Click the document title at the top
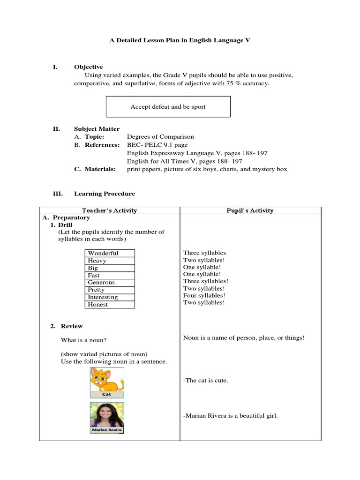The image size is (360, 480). coord(180,41)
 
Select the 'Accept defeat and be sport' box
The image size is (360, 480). coord(168,107)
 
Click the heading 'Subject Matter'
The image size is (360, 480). coord(97,129)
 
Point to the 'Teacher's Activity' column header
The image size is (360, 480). coord(109,210)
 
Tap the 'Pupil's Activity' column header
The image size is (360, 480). coord(250,210)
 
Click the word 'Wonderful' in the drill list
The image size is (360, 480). coord(103,253)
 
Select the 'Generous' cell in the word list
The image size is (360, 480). coord(101,283)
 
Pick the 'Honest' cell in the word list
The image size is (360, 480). coord(98,305)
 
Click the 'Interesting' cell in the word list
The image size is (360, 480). coord(103,297)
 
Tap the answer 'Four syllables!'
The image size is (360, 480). coord(204,295)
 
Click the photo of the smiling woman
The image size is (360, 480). coord(107,414)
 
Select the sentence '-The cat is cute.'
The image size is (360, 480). coord(205,380)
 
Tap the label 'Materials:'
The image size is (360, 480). coord(100,169)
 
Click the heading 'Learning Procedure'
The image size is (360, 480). coord(104,194)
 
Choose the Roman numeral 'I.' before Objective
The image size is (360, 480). coord(55,67)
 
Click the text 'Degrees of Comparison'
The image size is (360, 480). coord(160,137)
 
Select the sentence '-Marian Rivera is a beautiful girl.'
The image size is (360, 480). coord(230,415)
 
